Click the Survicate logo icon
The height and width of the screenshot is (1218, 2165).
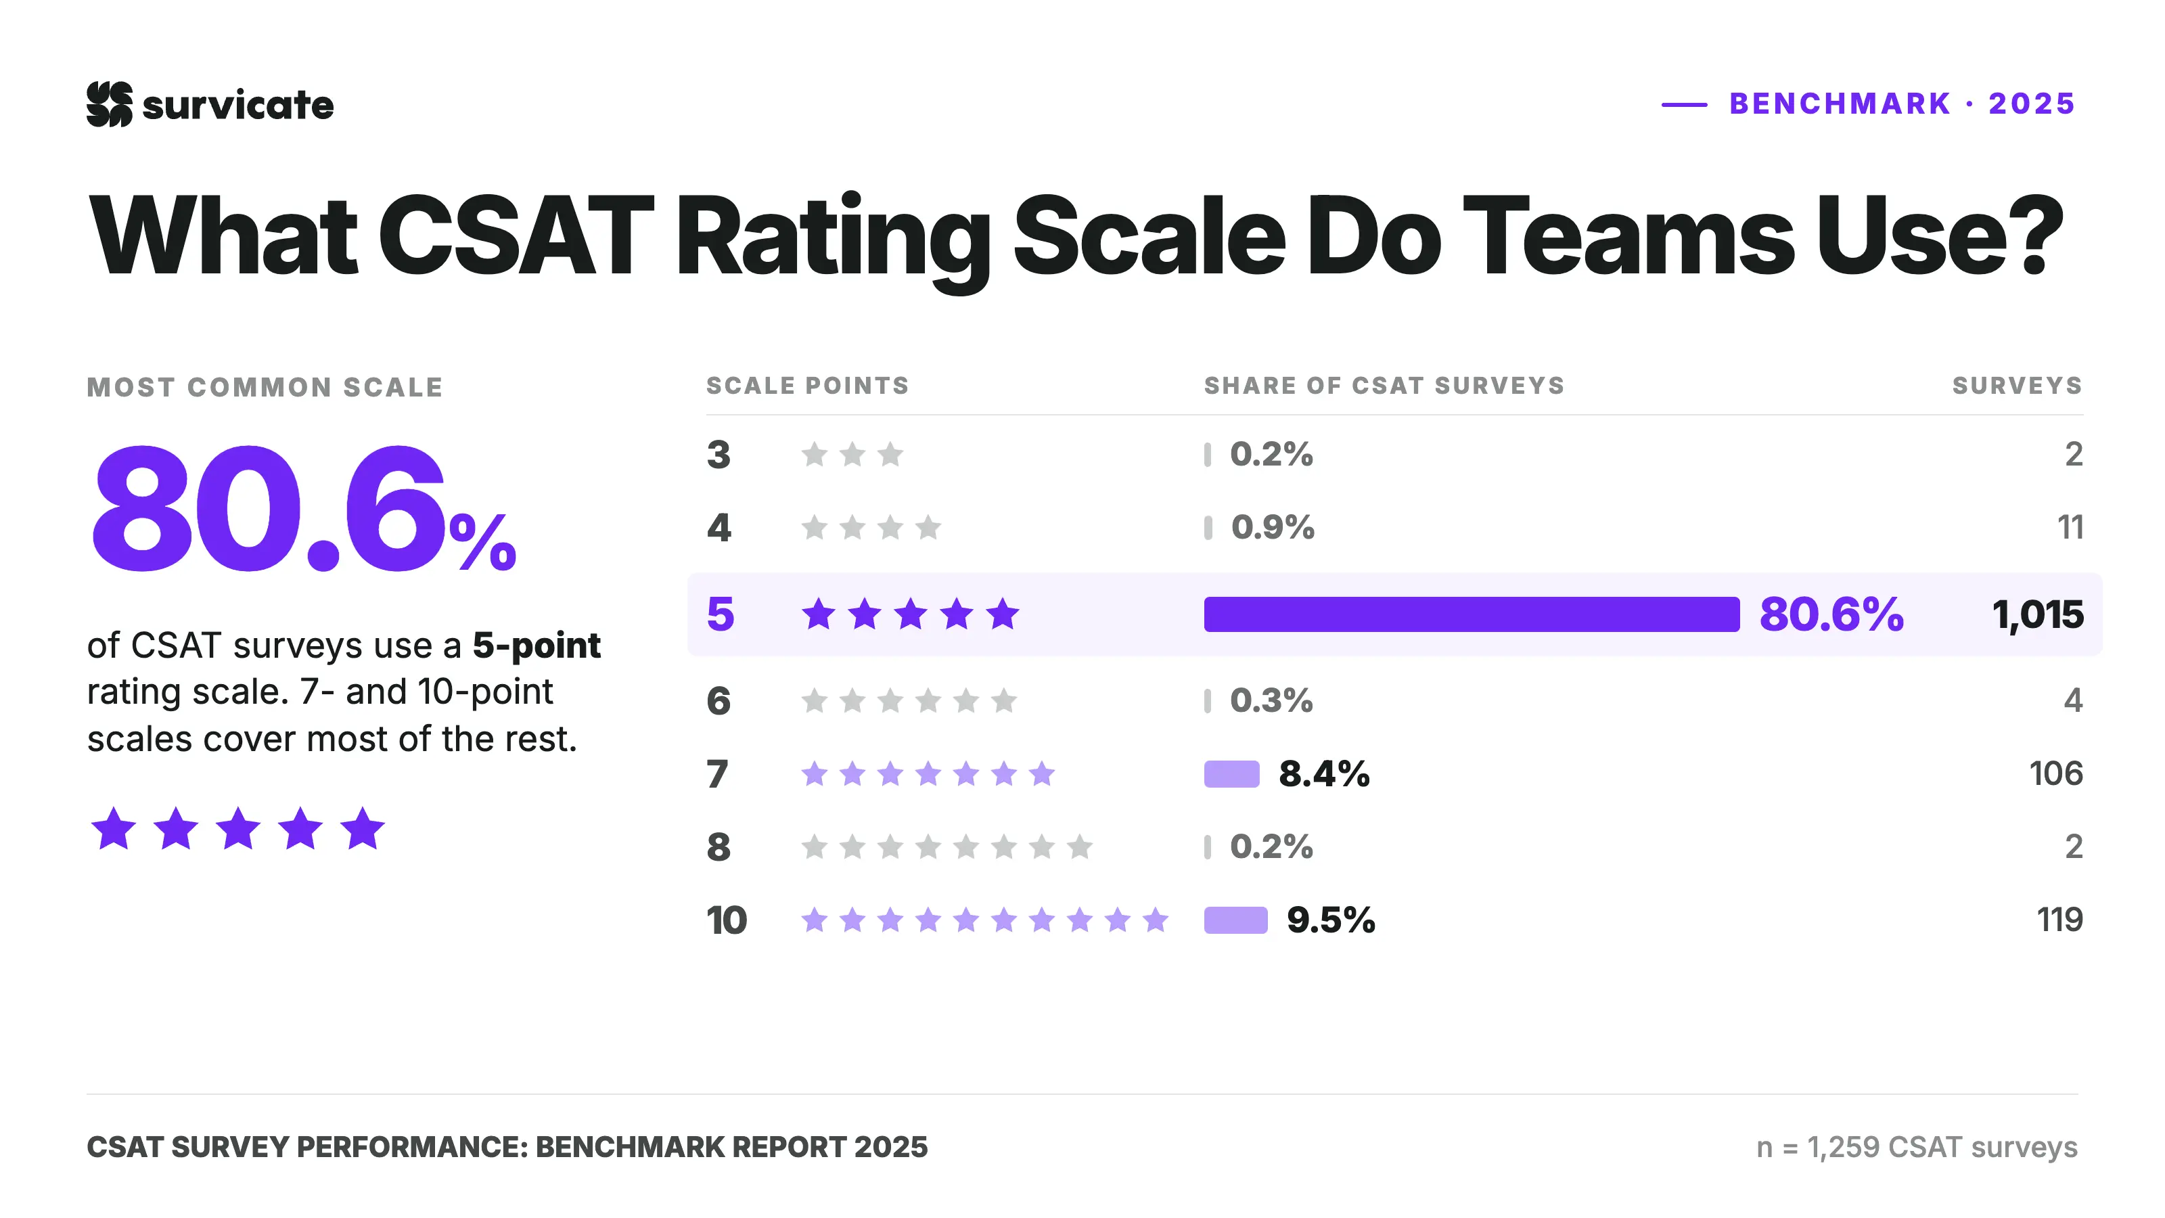tap(109, 104)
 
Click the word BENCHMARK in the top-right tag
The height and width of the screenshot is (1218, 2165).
tap(1840, 104)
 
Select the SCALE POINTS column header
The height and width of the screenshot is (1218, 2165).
tap(808, 386)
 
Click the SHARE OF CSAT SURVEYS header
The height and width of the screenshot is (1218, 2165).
tap(1384, 386)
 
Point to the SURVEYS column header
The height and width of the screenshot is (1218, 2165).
tap(2017, 386)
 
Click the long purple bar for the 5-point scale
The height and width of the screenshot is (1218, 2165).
tap(1472, 614)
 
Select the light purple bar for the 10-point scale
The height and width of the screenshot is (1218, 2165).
tap(1235, 920)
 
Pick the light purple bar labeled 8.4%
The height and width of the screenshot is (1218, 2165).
tap(1232, 774)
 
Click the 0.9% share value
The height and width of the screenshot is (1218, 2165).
tap(1273, 528)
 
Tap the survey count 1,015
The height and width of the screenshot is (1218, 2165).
tap(2037, 615)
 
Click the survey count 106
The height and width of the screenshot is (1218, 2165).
tap(2056, 774)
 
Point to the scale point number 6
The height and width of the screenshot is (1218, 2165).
tap(719, 701)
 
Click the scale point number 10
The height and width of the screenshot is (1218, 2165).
tap(726, 920)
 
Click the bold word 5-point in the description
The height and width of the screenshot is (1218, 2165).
tap(537, 646)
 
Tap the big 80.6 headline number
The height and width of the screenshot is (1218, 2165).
tap(269, 510)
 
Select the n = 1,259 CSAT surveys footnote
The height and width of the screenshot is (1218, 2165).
tap(1917, 1148)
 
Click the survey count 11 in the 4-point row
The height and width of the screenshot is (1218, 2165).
tap(2070, 528)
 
